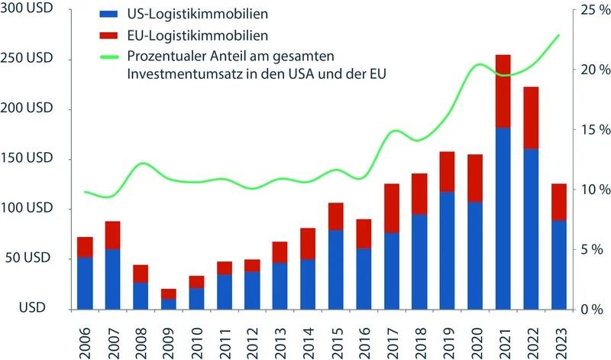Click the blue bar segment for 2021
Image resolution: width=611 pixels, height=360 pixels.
(503, 219)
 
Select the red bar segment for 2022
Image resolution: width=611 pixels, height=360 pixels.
(531, 118)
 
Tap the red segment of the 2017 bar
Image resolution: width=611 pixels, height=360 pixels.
(392, 208)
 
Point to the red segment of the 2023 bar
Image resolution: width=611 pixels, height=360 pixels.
(559, 202)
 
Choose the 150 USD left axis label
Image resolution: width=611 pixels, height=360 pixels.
(30, 159)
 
